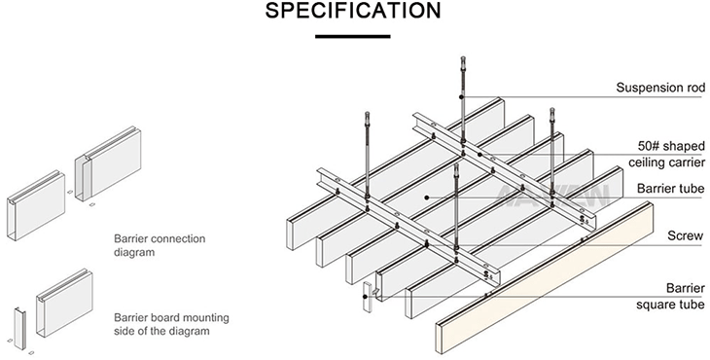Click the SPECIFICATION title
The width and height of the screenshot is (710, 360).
(x=353, y=11)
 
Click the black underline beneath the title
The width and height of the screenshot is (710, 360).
(x=353, y=36)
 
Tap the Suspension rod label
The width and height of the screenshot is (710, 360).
(x=660, y=88)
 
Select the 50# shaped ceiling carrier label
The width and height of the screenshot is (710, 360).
(x=666, y=154)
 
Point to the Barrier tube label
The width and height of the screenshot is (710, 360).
(x=670, y=189)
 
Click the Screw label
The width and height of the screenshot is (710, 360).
(x=686, y=235)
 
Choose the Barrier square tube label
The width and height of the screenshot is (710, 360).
(x=670, y=296)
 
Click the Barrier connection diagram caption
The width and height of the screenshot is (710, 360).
(x=160, y=245)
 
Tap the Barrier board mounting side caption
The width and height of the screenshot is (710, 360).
(x=171, y=324)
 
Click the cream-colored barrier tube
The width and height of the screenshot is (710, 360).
(x=545, y=277)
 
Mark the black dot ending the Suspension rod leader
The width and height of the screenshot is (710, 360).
(x=461, y=97)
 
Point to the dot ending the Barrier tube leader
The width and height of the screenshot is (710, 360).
(x=427, y=198)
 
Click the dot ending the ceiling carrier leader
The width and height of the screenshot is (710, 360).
(x=479, y=155)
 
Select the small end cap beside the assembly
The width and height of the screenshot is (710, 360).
(x=367, y=297)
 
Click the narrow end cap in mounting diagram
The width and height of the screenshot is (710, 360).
(x=19, y=328)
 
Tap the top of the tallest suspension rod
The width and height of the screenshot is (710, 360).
(x=463, y=57)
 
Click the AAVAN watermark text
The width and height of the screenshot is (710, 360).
(x=552, y=196)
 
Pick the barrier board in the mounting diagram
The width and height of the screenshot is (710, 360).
(x=65, y=303)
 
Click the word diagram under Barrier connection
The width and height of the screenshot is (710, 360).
(x=134, y=252)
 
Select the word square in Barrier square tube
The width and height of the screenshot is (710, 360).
(x=653, y=305)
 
